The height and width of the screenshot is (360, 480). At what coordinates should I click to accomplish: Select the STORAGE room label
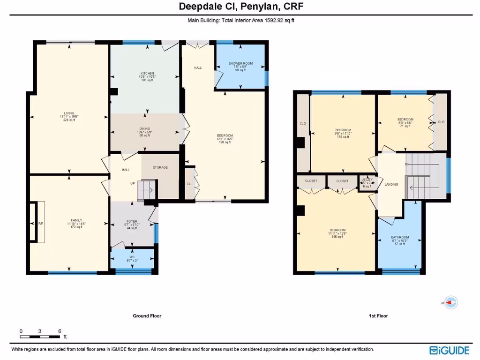click(160, 167)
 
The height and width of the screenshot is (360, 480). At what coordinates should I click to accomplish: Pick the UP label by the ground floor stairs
click(133, 183)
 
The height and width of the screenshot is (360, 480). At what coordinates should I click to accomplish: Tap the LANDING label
click(391, 184)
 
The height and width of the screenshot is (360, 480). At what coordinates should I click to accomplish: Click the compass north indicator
click(450, 303)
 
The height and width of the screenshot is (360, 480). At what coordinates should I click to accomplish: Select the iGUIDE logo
click(449, 350)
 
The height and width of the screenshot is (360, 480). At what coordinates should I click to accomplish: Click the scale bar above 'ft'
click(40, 337)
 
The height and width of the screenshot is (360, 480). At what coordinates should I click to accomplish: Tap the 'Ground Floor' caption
click(147, 316)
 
